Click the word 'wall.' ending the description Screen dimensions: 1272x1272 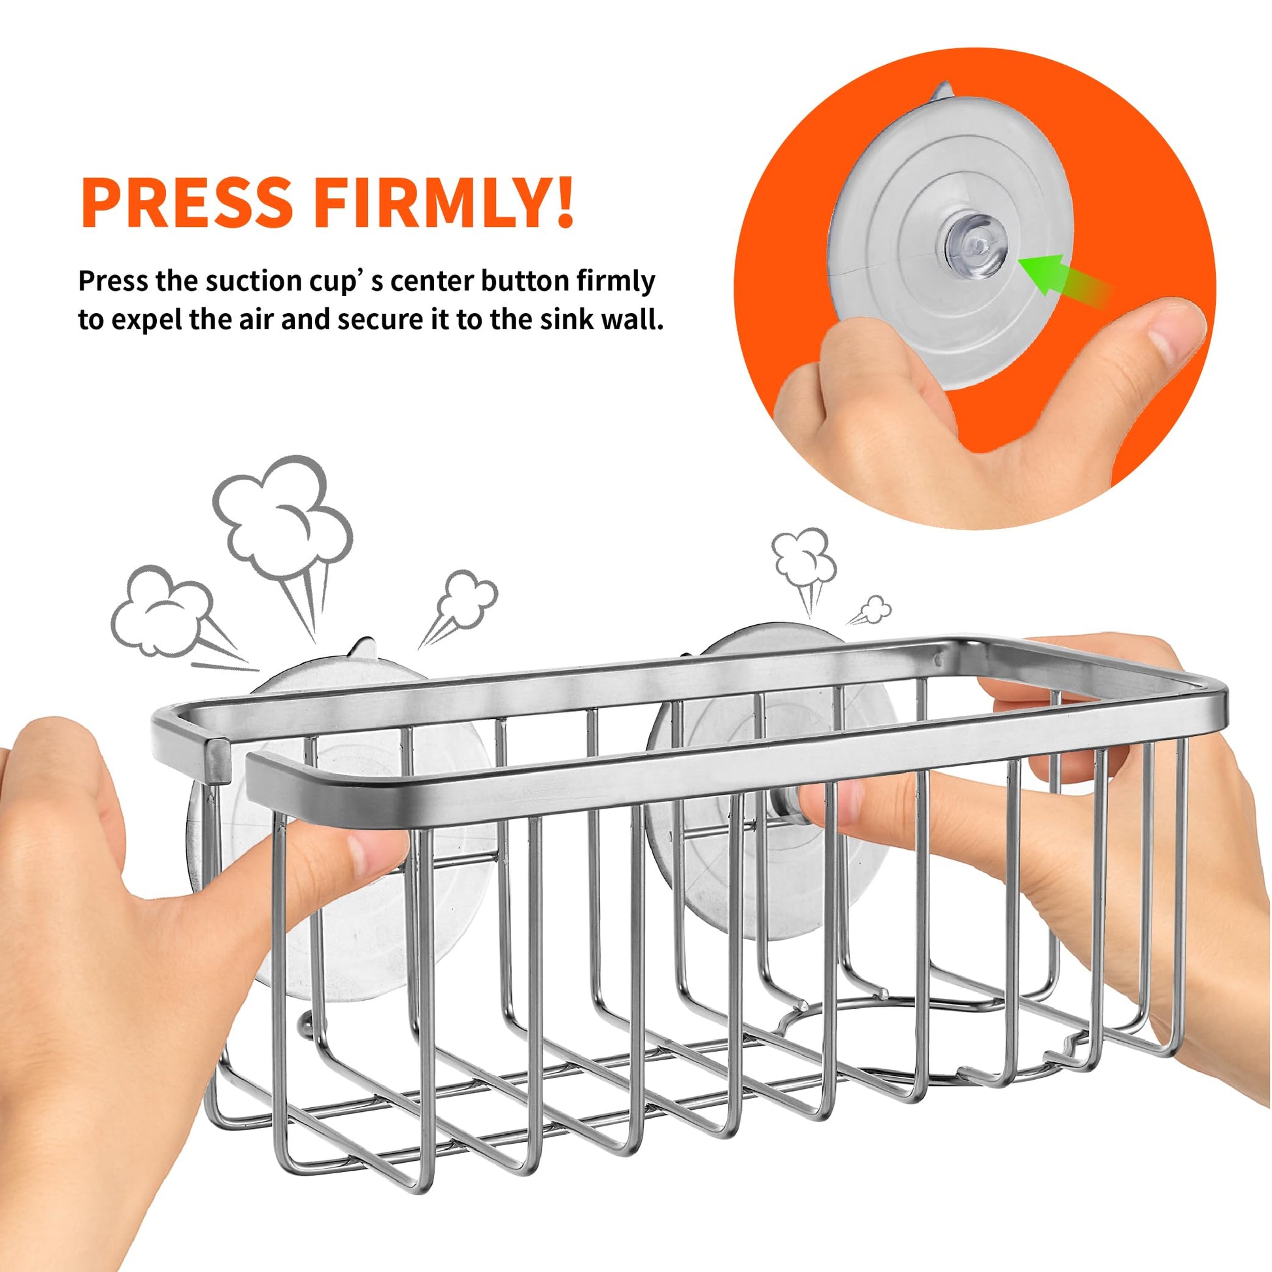(633, 320)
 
